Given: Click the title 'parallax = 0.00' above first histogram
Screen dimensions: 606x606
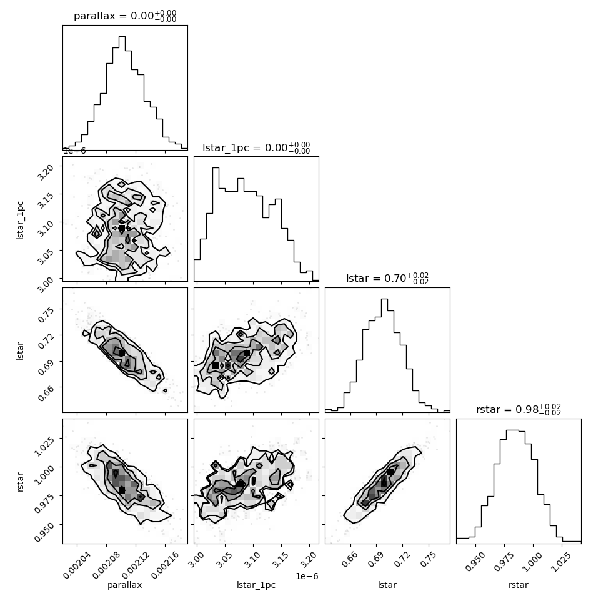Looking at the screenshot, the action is pyautogui.click(x=125, y=16).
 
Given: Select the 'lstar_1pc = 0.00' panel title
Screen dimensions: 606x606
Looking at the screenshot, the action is pyautogui.click(x=256, y=147).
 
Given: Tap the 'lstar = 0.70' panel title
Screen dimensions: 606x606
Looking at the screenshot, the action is pyautogui.click(x=387, y=278).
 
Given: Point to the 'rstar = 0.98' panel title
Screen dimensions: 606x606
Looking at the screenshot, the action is pyautogui.click(x=519, y=409).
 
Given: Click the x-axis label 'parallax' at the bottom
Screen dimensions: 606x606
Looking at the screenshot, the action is pyautogui.click(x=124, y=585).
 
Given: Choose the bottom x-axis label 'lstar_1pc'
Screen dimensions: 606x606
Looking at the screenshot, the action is pyautogui.click(x=256, y=585).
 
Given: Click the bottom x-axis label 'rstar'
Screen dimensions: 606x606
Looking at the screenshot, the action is pyautogui.click(x=519, y=585).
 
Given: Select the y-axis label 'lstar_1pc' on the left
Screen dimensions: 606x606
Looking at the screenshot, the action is pyautogui.click(x=20, y=221).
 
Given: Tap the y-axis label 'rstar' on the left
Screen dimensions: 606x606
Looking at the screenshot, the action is pyautogui.click(x=20, y=482).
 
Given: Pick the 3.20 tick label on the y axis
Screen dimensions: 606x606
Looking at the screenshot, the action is pyautogui.click(x=44, y=171).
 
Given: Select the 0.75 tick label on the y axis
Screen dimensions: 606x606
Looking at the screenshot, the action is pyautogui.click(x=44, y=315).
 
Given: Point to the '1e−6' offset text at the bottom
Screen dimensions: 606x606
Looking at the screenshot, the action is pyautogui.click(x=307, y=576).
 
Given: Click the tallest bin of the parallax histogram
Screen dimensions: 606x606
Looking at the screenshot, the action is pyautogui.click(x=122, y=92).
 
